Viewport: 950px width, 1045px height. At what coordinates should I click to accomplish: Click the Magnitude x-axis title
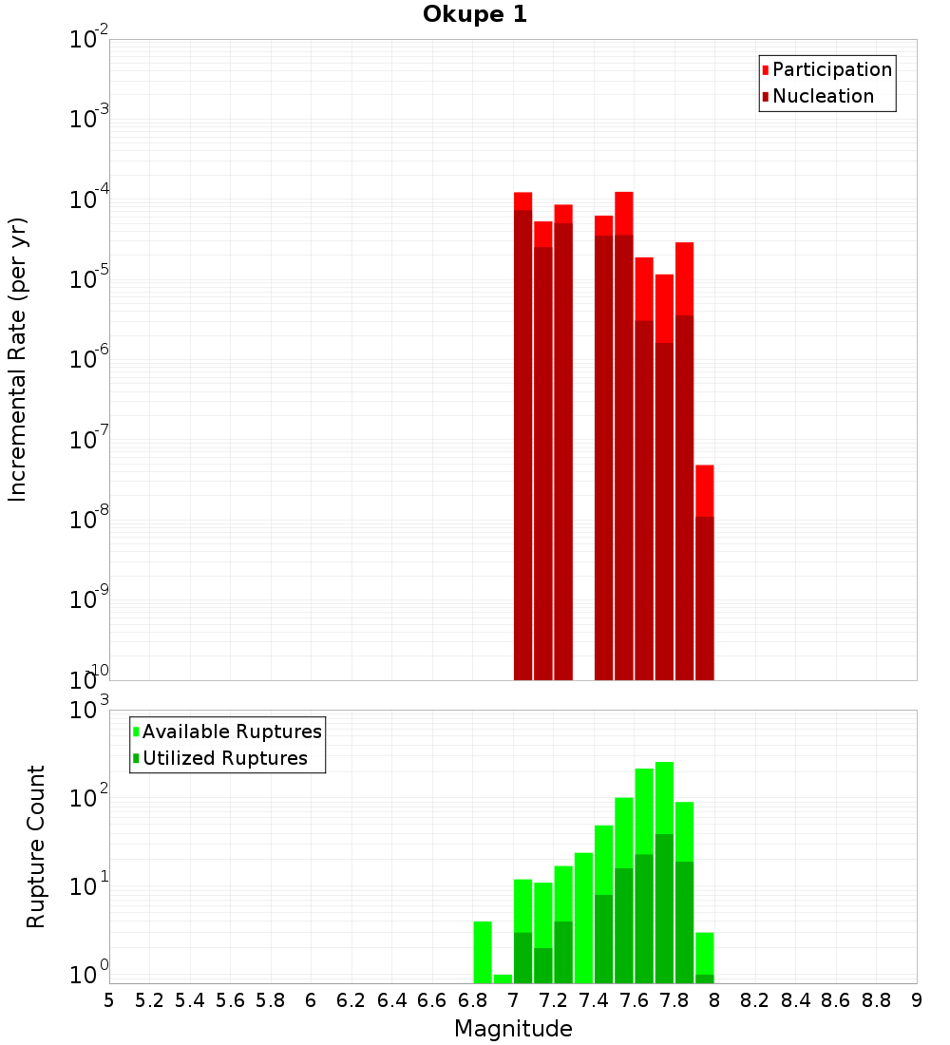[x=513, y=1029]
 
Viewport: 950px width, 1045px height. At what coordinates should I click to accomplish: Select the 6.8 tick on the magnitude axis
[x=472, y=1000]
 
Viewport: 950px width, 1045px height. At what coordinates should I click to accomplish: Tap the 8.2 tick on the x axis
[x=754, y=1000]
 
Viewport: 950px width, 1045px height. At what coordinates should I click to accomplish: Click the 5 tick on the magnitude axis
[x=109, y=1000]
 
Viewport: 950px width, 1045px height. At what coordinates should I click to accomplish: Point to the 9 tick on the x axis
[x=916, y=1000]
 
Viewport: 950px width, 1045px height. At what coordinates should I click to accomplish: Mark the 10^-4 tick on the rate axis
[x=88, y=199]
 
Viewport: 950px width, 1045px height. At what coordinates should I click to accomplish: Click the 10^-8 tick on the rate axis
[x=88, y=520]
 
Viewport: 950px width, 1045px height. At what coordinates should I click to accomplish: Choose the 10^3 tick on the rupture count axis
[x=88, y=710]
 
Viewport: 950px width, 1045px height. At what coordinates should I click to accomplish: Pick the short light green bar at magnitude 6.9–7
[x=503, y=978]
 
